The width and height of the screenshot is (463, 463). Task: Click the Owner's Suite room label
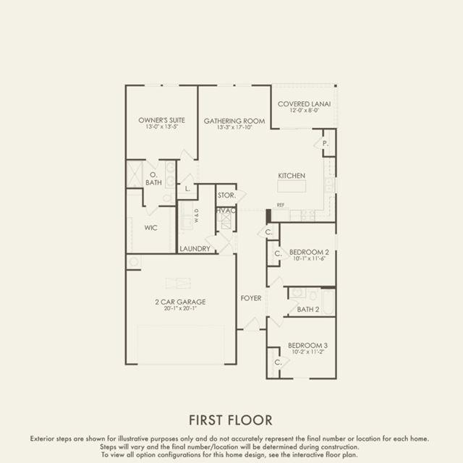click(161, 120)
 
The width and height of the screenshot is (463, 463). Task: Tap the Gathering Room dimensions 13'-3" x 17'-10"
click(234, 127)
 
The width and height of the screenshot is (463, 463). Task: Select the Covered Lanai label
click(304, 104)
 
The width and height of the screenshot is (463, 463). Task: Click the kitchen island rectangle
click(292, 187)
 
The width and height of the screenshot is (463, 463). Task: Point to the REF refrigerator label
click(281, 205)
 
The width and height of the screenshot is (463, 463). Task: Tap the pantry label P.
click(325, 143)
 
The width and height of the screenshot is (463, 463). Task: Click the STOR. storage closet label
click(226, 195)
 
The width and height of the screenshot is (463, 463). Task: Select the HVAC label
click(226, 211)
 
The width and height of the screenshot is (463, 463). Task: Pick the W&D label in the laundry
click(197, 216)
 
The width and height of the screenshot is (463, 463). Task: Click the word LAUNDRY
click(195, 249)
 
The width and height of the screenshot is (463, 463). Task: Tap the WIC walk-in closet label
click(150, 228)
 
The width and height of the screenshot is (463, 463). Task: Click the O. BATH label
click(153, 179)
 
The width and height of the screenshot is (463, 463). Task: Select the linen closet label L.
click(187, 189)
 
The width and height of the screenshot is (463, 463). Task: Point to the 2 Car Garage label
click(180, 302)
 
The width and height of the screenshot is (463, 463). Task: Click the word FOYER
click(251, 298)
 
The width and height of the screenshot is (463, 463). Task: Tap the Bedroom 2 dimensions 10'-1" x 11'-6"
click(309, 258)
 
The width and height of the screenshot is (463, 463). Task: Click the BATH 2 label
click(308, 310)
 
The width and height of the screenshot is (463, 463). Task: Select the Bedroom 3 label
click(307, 345)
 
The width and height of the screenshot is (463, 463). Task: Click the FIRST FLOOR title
click(231, 420)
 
